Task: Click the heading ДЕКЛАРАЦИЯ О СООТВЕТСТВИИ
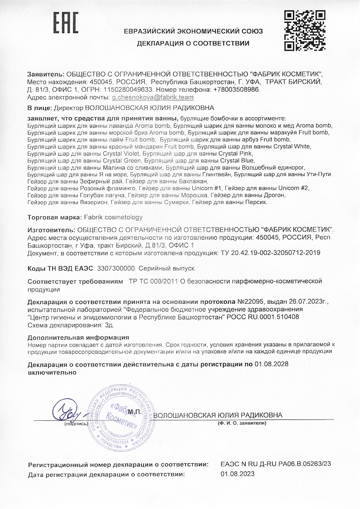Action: click(x=193, y=43)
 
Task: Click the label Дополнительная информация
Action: click(x=78, y=338)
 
